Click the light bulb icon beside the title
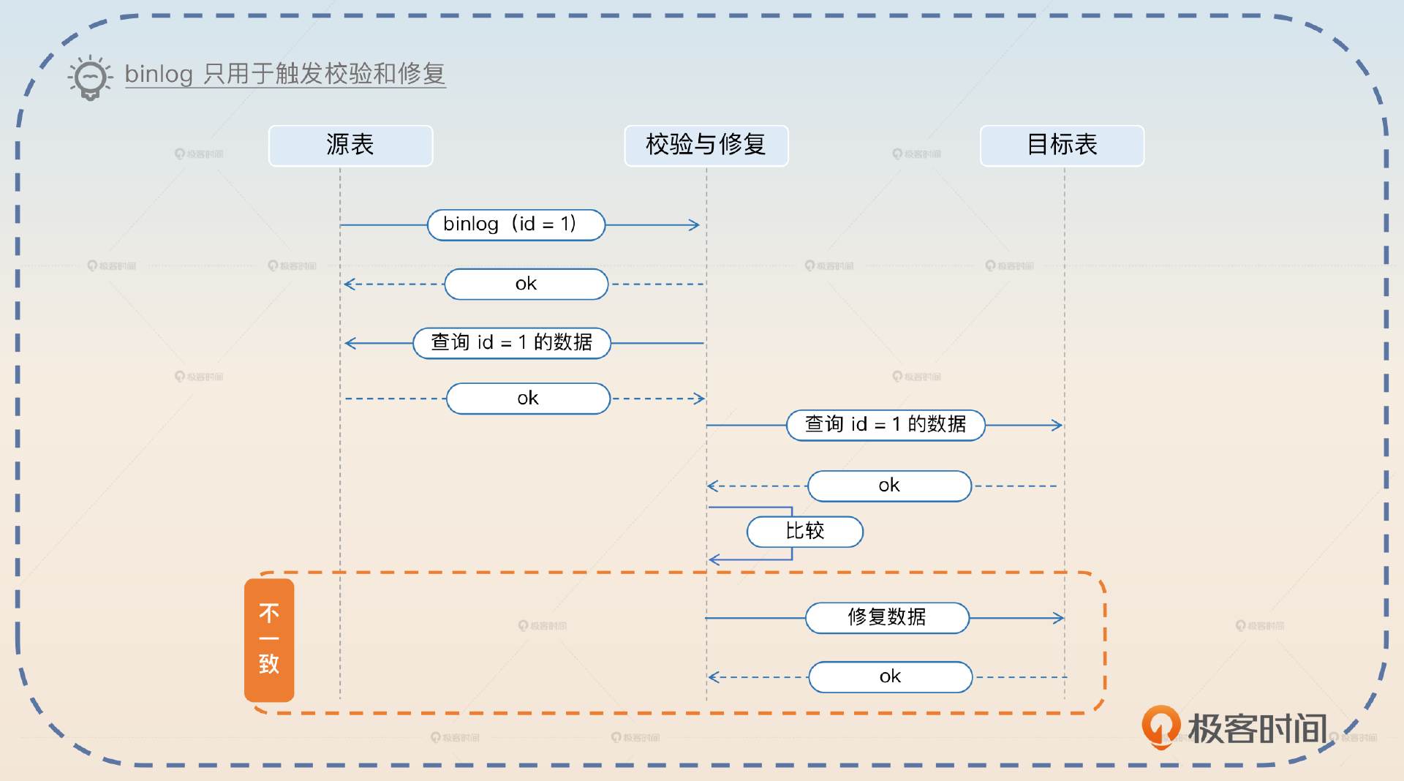tap(91, 77)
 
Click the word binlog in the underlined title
tap(159, 74)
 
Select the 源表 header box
tap(350, 146)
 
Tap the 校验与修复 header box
tap(706, 146)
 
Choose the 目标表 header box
tap(1061, 146)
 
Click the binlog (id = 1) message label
tap(516, 225)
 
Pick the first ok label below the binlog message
tap(526, 284)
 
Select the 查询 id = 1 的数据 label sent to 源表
tap(511, 343)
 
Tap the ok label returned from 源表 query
tap(528, 399)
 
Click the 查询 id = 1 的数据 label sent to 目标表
tap(886, 425)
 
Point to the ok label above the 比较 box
tap(889, 486)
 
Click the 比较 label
tap(804, 532)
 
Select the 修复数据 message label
tap(887, 618)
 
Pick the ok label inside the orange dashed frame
tap(890, 677)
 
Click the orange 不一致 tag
tap(269, 640)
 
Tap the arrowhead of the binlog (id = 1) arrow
tap(695, 225)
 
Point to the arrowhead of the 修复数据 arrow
tap(1058, 618)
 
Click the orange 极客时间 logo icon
tap(1160, 727)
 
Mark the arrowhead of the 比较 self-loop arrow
tap(714, 560)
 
